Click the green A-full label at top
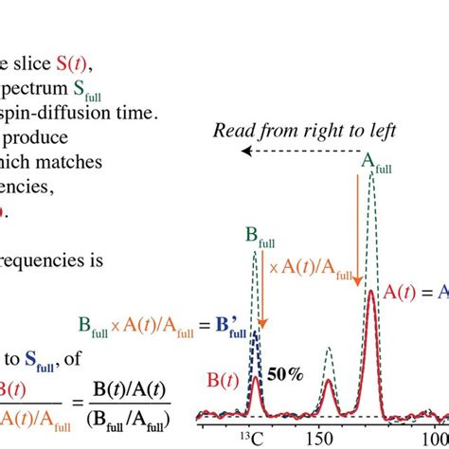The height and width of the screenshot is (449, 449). [377, 165]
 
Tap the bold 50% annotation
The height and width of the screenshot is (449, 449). [285, 374]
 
